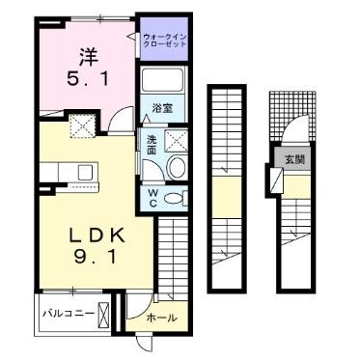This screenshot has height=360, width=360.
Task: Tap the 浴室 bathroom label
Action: (165, 110)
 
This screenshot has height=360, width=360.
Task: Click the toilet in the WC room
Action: (175, 197)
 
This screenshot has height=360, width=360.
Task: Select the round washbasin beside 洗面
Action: (177, 168)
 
